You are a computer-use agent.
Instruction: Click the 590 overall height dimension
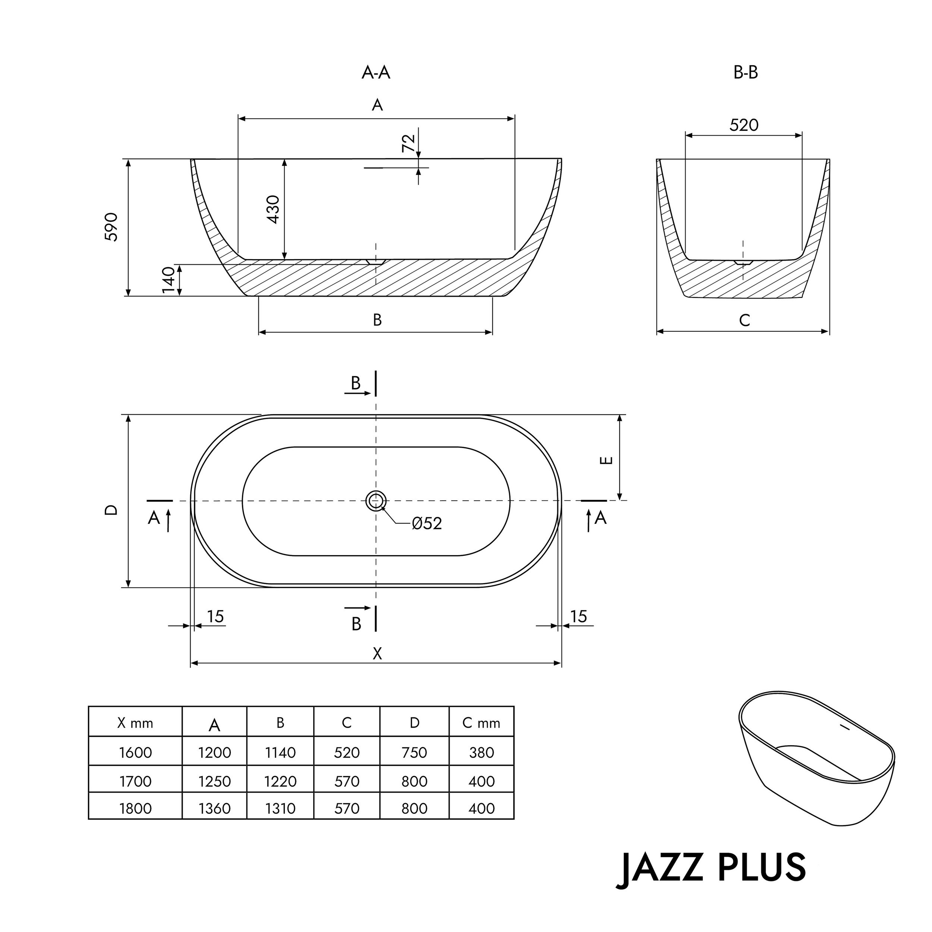click(111, 227)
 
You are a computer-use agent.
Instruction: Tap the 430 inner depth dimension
click(273, 210)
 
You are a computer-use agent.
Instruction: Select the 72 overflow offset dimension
click(408, 143)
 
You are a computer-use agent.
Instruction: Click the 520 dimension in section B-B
click(743, 125)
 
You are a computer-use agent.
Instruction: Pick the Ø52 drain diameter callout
click(426, 523)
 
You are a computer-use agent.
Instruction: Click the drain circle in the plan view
click(376, 501)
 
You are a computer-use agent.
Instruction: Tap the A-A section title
click(376, 73)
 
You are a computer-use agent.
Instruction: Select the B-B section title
click(745, 73)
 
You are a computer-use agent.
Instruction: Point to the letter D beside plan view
click(111, 510)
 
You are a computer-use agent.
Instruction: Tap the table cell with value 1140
click(280, 753)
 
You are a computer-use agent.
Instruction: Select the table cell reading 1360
click(214, 809)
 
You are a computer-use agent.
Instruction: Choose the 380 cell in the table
click(481, 753)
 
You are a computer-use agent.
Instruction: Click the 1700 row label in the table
click(135, 781)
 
